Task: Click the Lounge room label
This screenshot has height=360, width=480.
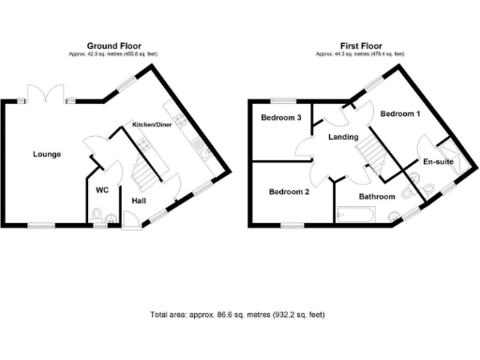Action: point(47,155)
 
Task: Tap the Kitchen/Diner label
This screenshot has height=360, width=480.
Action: point(150,125)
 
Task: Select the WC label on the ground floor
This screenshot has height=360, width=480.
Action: point(103,190)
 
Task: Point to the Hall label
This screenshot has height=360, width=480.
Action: point(139,201)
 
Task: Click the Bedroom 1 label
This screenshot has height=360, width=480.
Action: point(399,114)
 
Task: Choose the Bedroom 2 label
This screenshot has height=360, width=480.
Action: point(289,192)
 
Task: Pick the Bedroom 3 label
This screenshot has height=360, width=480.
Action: point(281,118)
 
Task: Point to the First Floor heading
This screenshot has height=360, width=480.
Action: point(361,46)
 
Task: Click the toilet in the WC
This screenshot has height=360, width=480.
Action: point(97,218)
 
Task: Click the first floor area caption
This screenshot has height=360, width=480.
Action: point(361,54)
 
